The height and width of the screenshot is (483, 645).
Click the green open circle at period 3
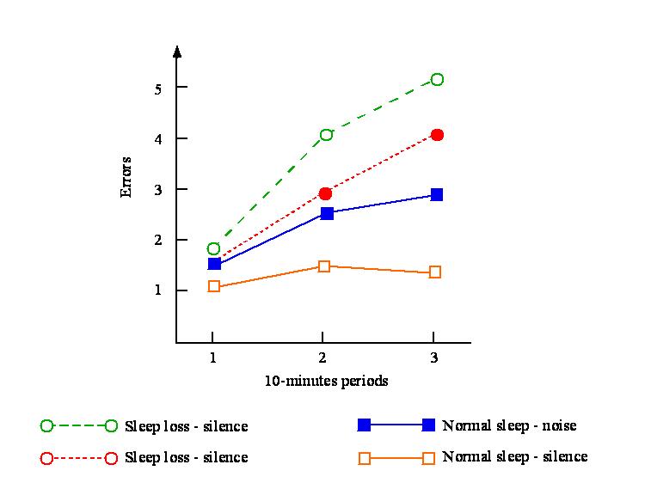click(x=437, y=79)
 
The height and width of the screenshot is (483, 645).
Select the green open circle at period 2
click(x=326, y=134)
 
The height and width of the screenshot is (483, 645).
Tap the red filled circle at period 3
click(x=437, y=135)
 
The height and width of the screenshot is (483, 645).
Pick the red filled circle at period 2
click(x=325, y=193)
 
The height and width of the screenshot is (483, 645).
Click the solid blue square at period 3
click(x=437, y=195)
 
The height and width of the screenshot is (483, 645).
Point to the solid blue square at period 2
click(x=326, y=213)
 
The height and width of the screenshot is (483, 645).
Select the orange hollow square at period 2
click(x=324, y=266)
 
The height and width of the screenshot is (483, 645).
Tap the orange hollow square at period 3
click(x=435, y=272)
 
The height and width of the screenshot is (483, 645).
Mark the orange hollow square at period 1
click(x=214, y=286)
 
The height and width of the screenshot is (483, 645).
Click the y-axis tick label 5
click(x=157, y=88)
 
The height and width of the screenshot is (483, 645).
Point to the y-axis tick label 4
click(x=157, y=138)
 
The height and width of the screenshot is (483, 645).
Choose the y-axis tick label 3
click(x=157, y=189)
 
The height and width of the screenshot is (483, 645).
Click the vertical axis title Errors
click(x=126, y=176)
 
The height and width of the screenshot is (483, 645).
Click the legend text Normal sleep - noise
click(x=509, y=425)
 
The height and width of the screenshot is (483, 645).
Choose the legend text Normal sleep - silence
click(x=514, y=456)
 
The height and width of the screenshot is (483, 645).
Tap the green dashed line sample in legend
click(x=79, y=425)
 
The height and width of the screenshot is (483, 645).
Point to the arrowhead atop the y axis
click(x=176, y=51)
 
